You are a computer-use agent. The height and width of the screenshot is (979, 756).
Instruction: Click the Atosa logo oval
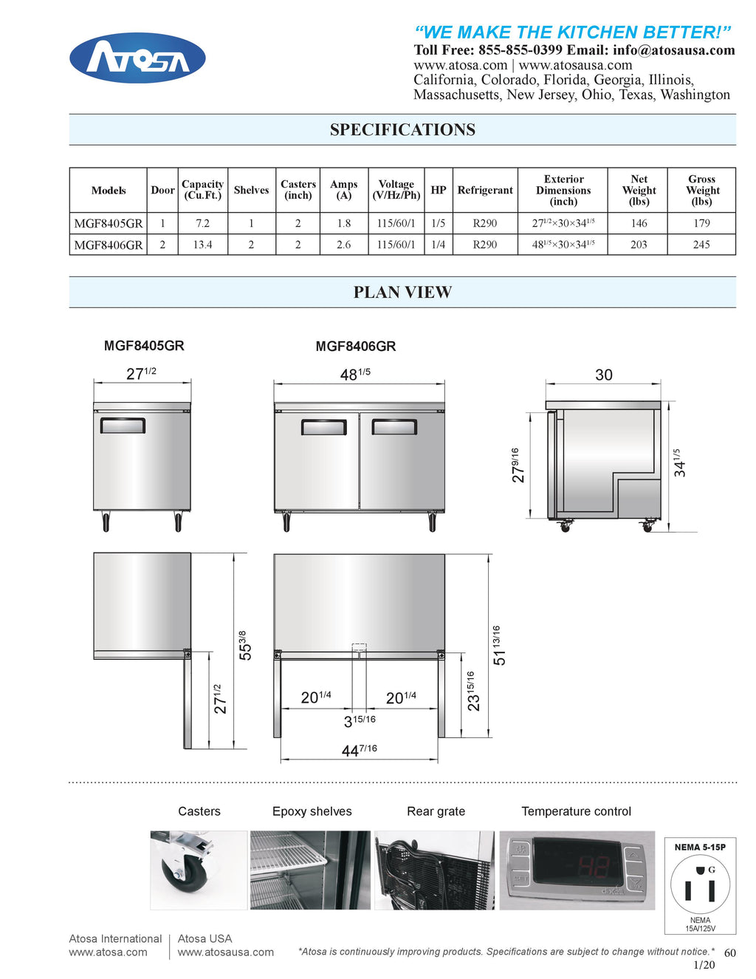(137, 58)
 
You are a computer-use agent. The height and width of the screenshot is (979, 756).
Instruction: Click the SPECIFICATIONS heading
(402, 130)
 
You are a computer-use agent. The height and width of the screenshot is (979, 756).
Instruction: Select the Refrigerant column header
(485, 191)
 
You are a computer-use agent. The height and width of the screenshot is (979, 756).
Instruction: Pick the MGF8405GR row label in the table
(109, 223)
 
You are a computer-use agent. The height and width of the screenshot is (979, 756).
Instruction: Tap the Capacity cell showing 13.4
(202, 245)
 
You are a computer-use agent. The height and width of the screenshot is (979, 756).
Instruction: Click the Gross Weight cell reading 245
(701, 245)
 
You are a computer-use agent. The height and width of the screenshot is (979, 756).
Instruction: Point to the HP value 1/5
(439, 223)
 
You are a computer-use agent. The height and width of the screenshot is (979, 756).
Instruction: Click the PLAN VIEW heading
(402, 293)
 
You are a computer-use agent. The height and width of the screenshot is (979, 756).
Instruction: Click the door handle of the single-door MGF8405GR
(123, 426)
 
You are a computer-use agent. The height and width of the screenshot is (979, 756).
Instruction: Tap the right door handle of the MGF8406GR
(394, 427)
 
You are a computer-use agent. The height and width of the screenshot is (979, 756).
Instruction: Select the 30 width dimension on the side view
(604, 375)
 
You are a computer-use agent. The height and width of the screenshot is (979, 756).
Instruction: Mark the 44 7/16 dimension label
(359, 751)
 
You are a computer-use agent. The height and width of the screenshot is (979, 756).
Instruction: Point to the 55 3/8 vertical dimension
(244, 646)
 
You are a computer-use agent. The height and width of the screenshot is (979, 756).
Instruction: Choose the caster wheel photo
(198, 870)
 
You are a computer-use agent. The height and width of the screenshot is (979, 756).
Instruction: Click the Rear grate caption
(436, 811)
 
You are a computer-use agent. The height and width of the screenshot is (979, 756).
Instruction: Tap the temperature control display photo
(577, 870)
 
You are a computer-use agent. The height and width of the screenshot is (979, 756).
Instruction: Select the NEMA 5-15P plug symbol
(700, 885)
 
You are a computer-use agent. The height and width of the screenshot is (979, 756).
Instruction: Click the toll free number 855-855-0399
(520, 50)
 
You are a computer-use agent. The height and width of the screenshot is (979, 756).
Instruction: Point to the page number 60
(729, 953)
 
